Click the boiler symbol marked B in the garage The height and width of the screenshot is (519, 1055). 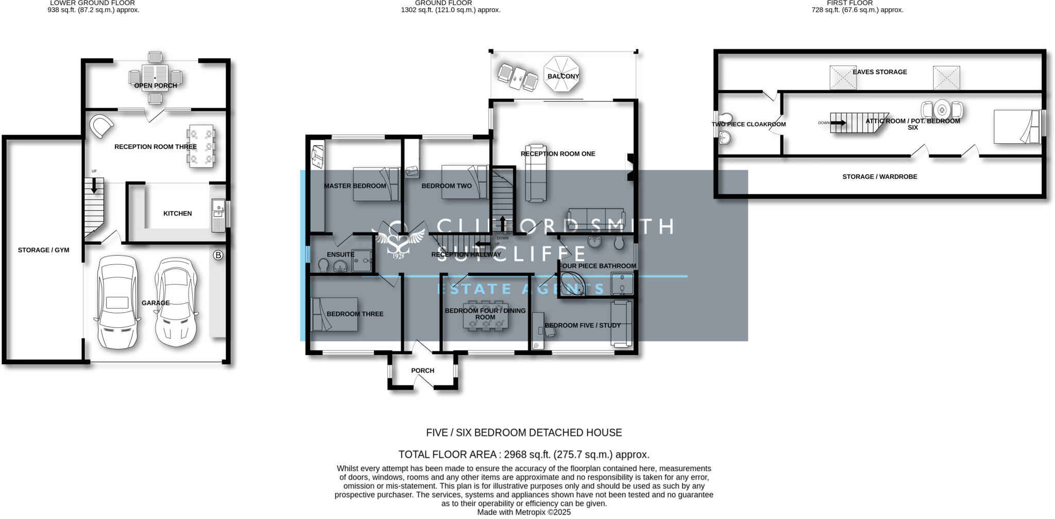coord(218,255)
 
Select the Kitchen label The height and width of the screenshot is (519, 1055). coord(177,213)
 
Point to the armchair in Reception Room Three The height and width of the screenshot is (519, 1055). coord(101,126)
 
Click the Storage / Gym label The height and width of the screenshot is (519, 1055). coord(43,250)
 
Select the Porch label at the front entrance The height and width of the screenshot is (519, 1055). coord(422,371)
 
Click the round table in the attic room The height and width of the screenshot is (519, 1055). coord(942,109)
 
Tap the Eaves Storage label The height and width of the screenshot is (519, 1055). coord(879,72)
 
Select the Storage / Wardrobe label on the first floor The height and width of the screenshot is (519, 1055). coord(879,177)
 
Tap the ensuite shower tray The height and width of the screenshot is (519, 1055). coord(362,260)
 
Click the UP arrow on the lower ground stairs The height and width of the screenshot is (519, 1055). coord(94,186)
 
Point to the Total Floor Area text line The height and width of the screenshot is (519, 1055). coord(523,455)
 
